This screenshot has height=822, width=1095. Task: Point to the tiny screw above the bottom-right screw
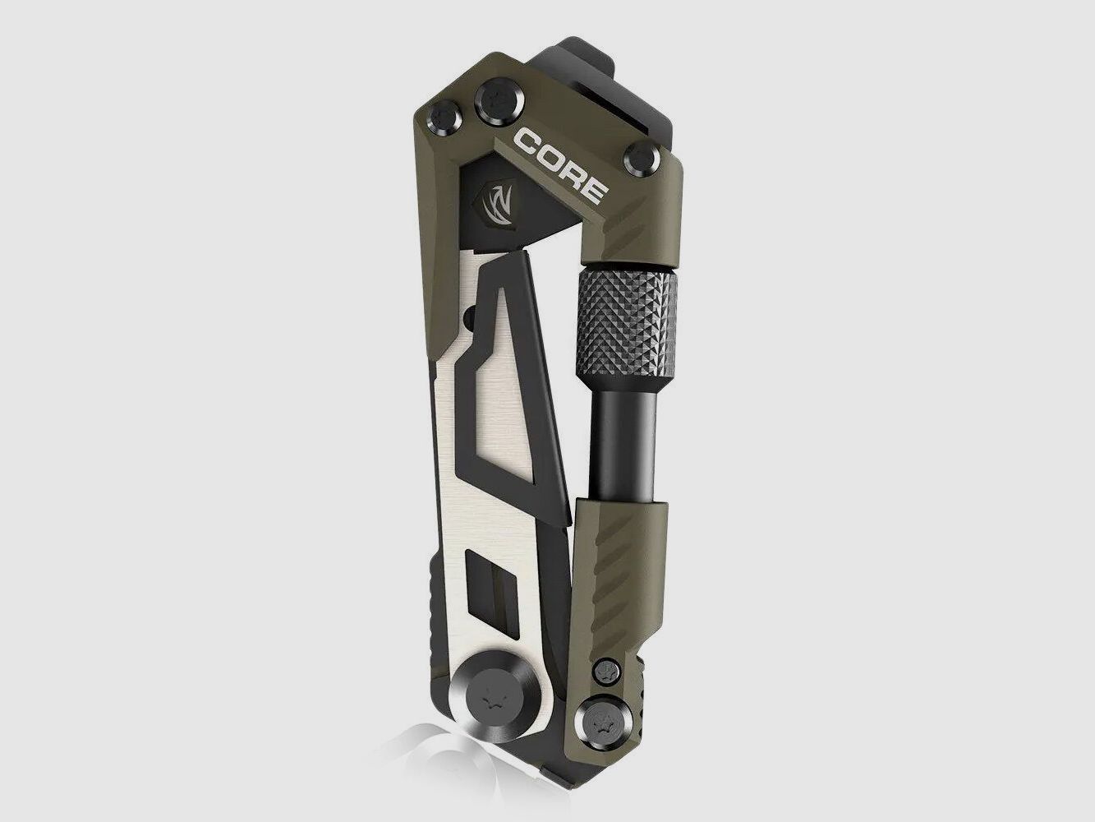click(605, 666)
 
